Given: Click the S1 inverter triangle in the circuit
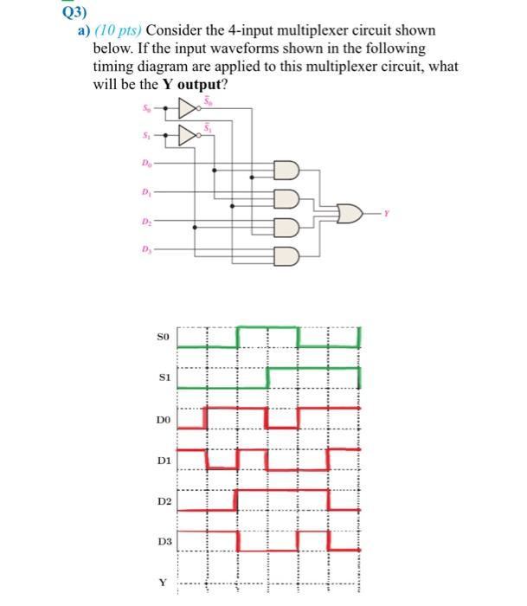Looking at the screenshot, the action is coord(185,135).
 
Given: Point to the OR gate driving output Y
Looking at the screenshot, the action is coord(350,211).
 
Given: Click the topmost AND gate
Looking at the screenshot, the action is coord(286,171).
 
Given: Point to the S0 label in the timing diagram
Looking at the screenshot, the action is coord(163,333).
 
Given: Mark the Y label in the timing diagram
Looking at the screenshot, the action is coord(163,583).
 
